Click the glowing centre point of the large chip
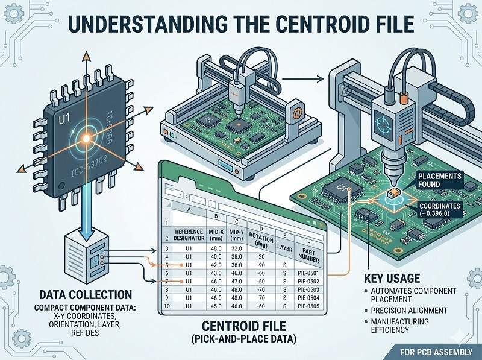click(86, 139)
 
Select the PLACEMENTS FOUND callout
click(439, 180)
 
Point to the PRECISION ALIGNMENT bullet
click(410, 310)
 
